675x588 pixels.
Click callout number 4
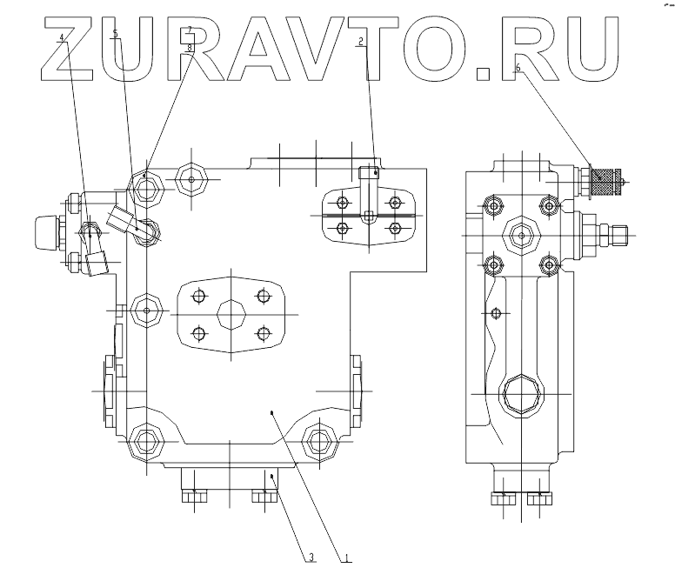pyautogui.click(x=62, y=37)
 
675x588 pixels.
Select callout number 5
pyautogui.click(x=116, y=34)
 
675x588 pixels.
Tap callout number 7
pyautogui.click(x=190, y=30)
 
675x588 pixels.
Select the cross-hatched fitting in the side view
pyautogui.click(x=607, y=184)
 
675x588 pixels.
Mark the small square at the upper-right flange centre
pyautogui.click(x=369, y=215)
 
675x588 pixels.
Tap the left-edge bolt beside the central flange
pyautogui.click(x=145, y=310)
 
